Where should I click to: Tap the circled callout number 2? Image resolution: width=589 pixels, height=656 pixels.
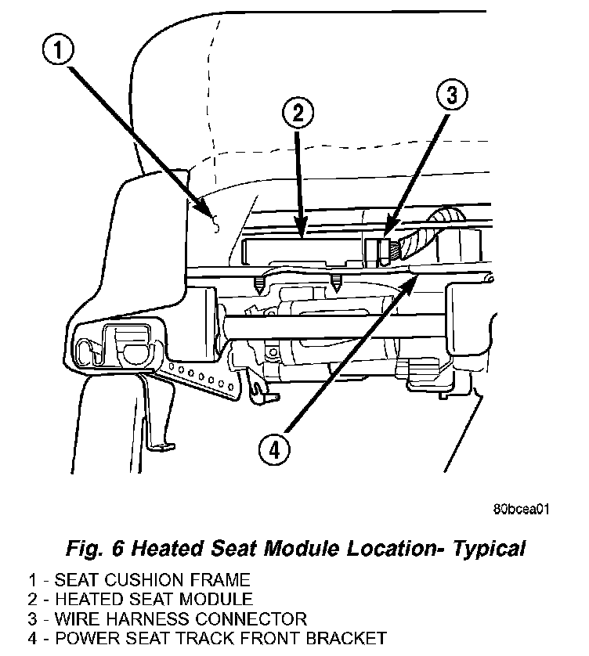298,114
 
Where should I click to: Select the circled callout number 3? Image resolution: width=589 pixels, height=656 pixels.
451,96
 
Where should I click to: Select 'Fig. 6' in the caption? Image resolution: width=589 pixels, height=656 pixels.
96,548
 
